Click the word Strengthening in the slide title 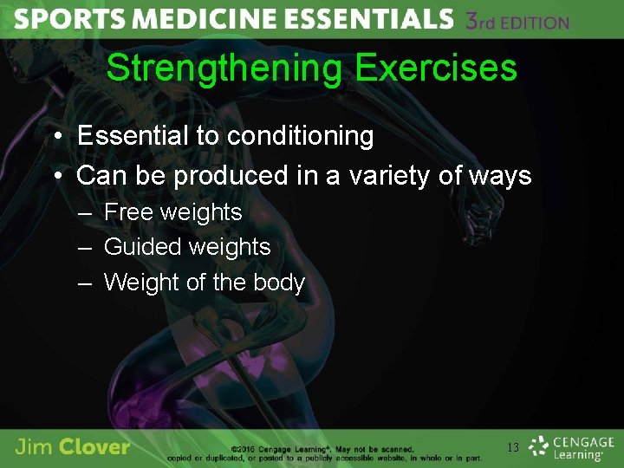tap(224, 68)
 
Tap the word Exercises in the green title tap(437, 68)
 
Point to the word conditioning tap(300, 136)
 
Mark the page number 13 tap(512, 448)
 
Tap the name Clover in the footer tap(96, 448)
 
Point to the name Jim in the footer tap(34, 448)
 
